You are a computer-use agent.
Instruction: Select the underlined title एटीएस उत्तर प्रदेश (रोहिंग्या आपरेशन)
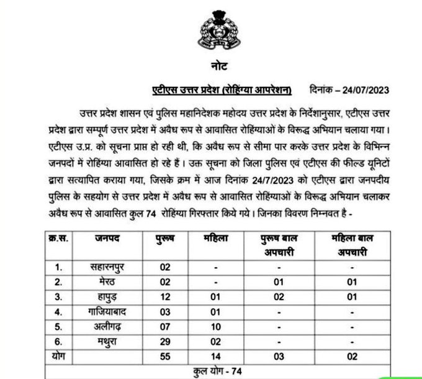[222, 89]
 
